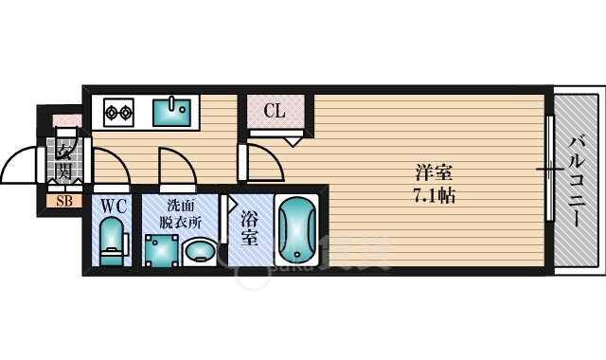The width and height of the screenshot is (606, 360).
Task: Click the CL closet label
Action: coord(275,112)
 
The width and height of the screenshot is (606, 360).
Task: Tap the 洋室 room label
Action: coord(434,174)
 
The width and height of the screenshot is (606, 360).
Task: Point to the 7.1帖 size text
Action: coord(435,197)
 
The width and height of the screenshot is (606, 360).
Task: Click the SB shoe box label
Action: coord(64,201)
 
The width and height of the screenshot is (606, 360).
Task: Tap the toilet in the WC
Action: coord(112,240)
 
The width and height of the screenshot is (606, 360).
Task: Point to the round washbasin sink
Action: coord(199,251)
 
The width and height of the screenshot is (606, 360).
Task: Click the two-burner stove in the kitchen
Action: coord(117,112)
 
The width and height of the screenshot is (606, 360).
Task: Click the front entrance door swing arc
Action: coord(21,169)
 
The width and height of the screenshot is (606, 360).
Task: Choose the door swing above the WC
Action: coord(114,171)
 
